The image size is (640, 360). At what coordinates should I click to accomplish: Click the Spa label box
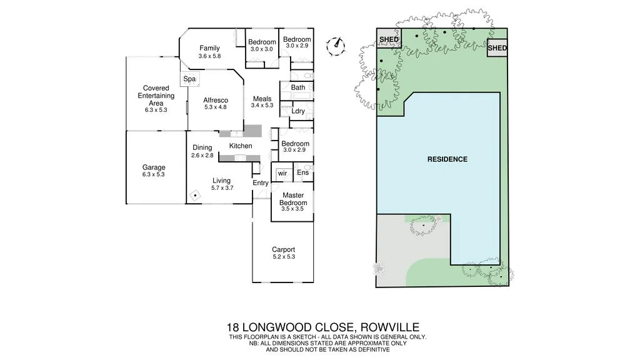189,79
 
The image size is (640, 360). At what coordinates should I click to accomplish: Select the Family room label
209,48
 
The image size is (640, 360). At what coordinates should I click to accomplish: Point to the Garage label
154,167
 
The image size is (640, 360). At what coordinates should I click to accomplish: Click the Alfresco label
215,100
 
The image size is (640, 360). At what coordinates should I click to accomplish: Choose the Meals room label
262,99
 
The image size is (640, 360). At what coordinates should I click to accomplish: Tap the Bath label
298,87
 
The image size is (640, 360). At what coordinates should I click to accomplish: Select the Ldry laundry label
298,111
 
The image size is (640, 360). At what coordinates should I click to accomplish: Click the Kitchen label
241,146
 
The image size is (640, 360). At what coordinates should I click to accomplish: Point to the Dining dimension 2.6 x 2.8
202,155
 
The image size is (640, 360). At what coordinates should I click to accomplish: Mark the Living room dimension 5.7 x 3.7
222,187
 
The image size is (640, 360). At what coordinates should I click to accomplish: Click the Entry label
260,183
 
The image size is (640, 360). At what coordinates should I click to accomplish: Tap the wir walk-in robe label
282,172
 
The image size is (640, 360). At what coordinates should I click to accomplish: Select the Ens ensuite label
302,172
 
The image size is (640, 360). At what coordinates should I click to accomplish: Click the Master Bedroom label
292,199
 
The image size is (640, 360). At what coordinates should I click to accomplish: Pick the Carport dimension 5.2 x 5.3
283,257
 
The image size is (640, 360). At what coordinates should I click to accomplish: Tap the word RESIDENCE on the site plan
447,159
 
